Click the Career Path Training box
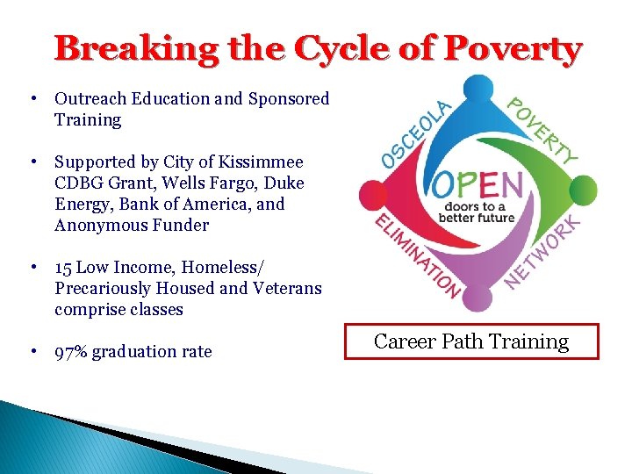pyautogui.click(x=471, y=341)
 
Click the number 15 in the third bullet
pyautogui.click(x=64, y=268)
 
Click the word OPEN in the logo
pyautogui.click(x=478, y=186)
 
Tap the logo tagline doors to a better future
pyautogui.click(x=477, y=212)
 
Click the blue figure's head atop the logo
pyautogui.click(x=478, y=89)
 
